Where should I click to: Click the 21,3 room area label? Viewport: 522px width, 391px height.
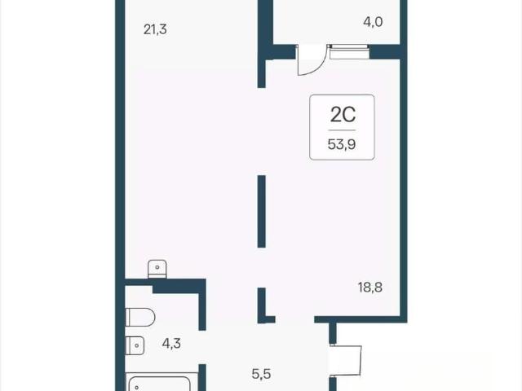155,29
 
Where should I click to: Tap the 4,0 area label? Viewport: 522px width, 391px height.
373,22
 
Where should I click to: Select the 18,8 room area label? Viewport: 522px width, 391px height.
370,287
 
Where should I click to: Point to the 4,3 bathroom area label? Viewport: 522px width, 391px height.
171,343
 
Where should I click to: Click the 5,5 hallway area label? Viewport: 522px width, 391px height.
261,374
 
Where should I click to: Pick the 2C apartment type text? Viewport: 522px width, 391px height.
343,115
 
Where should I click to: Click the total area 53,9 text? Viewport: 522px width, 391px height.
342,145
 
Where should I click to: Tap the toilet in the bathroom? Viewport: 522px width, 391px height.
140,317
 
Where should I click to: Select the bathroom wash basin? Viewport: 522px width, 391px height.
135,345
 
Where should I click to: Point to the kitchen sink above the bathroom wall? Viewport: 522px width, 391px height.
157,270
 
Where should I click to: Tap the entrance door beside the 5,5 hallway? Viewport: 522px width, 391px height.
346,361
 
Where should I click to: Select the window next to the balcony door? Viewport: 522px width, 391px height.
350,52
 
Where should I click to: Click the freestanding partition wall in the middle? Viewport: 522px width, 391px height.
262,212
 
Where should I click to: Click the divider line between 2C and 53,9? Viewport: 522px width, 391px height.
343,130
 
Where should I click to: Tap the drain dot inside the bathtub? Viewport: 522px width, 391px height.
137,388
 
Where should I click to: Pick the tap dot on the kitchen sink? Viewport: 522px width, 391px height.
157,267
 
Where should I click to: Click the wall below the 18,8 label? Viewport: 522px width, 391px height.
361,319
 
